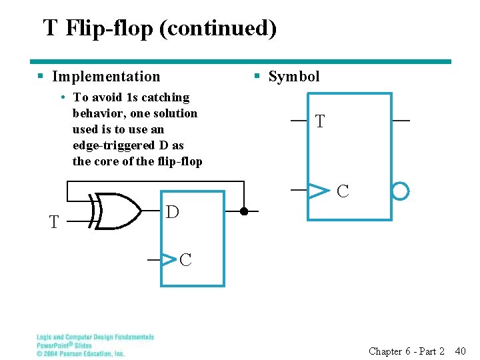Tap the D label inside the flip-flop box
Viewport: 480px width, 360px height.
pyautogui.click(x=172, y=212)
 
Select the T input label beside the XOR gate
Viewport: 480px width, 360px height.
pyautogui.click(x=54, y=222)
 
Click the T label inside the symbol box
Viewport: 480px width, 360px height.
pyautogui.click(x=320, y=122)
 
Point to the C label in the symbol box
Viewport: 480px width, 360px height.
pyautogui.click(x=343, y=192)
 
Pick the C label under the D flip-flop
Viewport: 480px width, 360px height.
pyautogui.click(x=185, y=260)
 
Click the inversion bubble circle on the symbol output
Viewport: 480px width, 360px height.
pyautogui.click(x=400, y=192)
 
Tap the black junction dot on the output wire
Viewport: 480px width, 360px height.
pyautogui.click(x=244, y=211)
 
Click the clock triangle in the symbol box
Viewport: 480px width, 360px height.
pyautogui.click(x=319, y=191)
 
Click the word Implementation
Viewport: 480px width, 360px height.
pyautogui.click(x=106, y=77)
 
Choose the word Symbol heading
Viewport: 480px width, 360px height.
pyautogui.click(x=294, y=77)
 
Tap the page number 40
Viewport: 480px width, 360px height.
pyautogui.click(x=460, y=351)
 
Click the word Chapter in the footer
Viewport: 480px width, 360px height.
pyautogui.click(x=385, y=351)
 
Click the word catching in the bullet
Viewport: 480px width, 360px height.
pyautogui.click(x=167, y=97)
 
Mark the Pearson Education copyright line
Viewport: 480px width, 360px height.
pyautogui.click(x=80, y=353)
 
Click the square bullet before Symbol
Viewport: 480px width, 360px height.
pyautogui.click(x=257, y=77)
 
